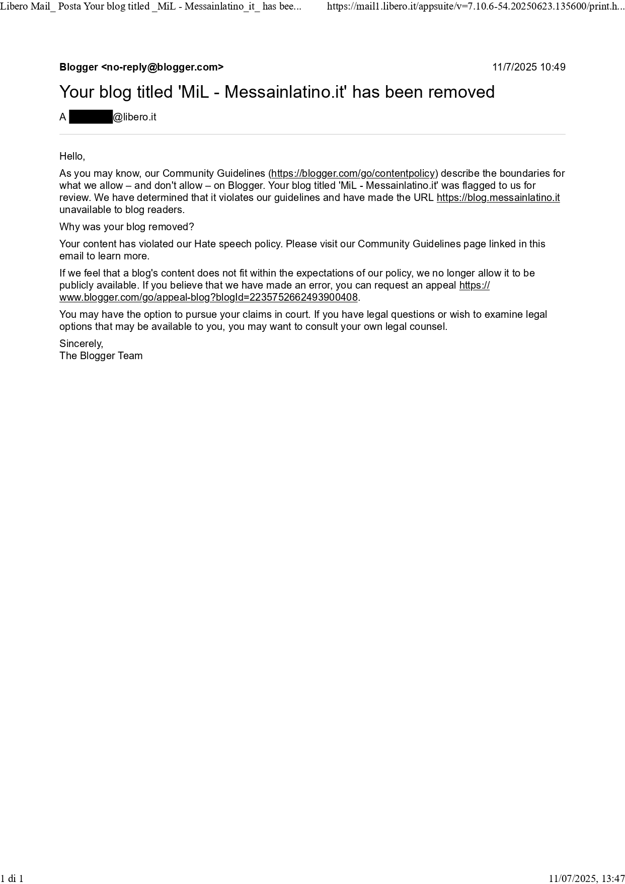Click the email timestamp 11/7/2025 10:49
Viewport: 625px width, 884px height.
pyautogui.click(x=528, y=67)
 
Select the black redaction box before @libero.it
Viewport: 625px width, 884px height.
pyautogui.click(x=91, y=117)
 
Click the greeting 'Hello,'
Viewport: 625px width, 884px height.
pyautogui.click(x=72, y=156)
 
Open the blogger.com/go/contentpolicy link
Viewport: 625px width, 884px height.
pyautogui.click(x=353, y=173)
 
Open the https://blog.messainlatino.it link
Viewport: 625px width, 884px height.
pyautogui.click(x=498, y=197)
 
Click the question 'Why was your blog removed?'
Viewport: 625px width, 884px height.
pyautogui.click(x=126, y=227)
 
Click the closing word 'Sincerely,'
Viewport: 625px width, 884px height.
pyautogui.click(x=81, y=344)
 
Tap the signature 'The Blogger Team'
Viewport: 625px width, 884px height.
pyautogui.click(x=101, y=356)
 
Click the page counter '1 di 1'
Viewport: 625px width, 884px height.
pyautogui.click(x=12, y=878)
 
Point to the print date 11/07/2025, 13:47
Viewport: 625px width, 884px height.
pyautogui.click(x=586, y=878)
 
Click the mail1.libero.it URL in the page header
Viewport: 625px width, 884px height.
pyautogui.click(x=476, y=7)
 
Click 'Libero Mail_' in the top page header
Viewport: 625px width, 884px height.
pyautogui.click(x=28, y=7)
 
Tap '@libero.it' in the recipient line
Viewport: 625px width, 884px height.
pyautogui.click(x=135, y=117)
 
